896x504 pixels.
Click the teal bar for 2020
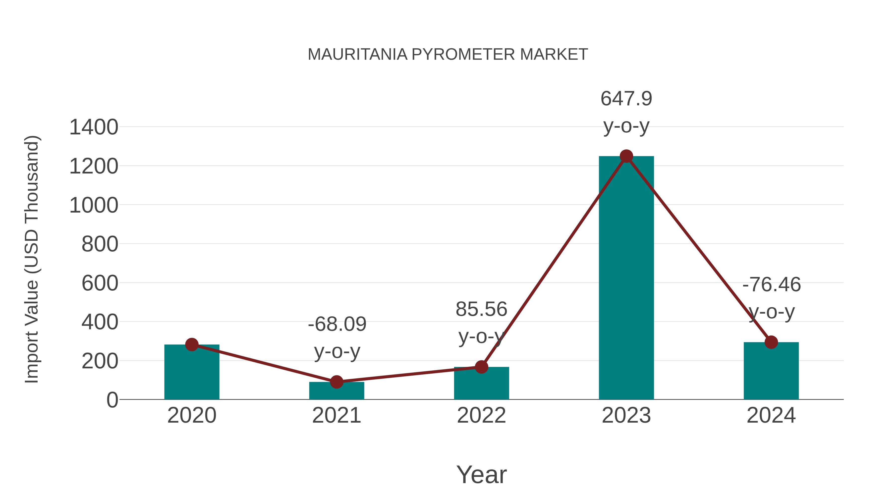192,372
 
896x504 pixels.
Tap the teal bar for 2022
481,383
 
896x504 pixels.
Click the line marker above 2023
626,156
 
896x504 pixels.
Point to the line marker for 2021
336,382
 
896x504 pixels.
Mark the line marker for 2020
192,344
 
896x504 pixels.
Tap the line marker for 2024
771,342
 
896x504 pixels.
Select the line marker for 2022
481,367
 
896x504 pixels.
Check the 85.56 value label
481,309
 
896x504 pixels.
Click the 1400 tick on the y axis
94,127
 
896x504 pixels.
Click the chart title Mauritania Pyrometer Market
448,54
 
